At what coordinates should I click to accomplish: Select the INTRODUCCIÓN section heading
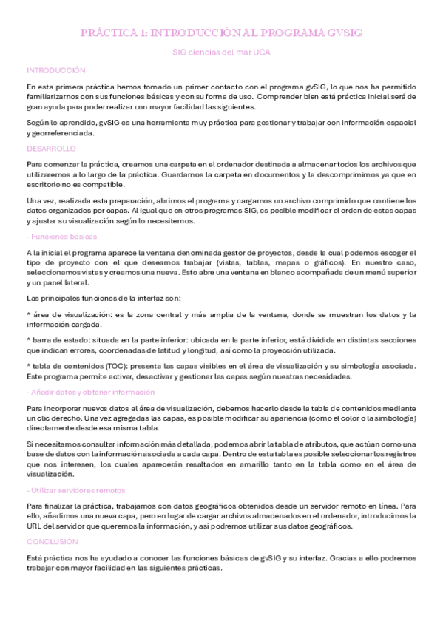56,70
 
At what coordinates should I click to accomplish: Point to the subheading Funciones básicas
61,237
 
